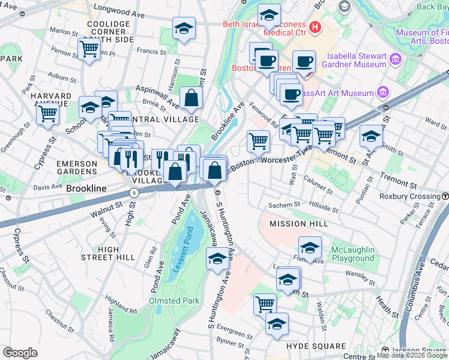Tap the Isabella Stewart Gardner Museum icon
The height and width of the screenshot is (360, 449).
point(395,59)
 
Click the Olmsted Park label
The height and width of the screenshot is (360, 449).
point(174,300)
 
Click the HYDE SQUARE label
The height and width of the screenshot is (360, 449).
point(316,346)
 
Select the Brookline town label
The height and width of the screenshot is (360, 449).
point(86,188)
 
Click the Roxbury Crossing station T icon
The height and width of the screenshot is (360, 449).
point(445,196)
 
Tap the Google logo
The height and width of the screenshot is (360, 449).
point(20,353)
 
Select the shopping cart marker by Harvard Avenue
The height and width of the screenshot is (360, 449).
point(47,112)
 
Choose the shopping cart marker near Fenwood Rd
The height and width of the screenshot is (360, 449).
point(258,141)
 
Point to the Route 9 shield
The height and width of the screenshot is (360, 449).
point(134,193)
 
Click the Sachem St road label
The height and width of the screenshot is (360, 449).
point(284,205)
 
